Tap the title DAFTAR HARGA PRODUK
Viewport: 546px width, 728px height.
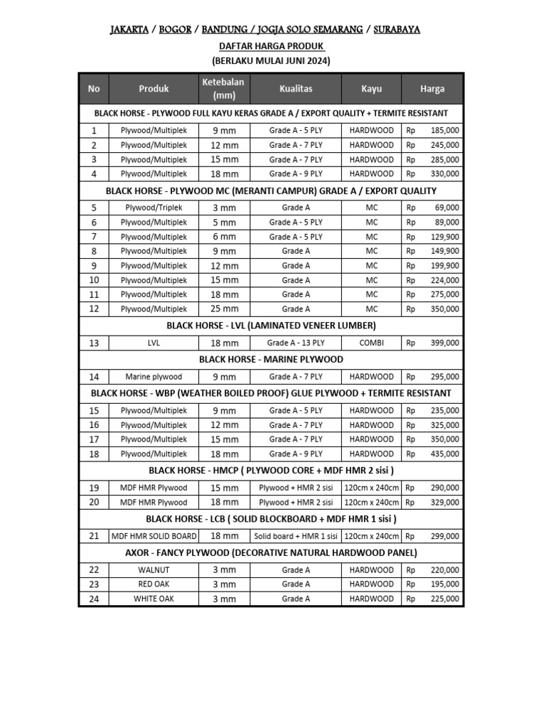point(271,45)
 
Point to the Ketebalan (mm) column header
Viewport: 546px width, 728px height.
point(223,89)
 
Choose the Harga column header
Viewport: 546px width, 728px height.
point(432,89)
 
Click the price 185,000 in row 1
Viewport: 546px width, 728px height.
point(444,131)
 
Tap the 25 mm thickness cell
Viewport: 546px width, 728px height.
point(224,309)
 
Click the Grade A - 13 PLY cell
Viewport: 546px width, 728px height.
point(295,343)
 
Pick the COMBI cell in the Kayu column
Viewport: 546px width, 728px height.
point(371,343)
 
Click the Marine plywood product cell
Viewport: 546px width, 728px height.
point(154,377)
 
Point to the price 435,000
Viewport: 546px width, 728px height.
point(444,454)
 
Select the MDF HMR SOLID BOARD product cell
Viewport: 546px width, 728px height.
point(154,536)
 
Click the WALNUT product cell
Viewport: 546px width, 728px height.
point(154,570)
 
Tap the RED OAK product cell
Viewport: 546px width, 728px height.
point(154,584)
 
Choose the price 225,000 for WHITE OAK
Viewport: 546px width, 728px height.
point(444,599)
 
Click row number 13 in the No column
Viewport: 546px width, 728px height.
point(94,343)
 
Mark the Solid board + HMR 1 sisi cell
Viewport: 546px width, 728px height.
point(295,536)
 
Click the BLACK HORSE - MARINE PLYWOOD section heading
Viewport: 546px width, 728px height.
point(271,360)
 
